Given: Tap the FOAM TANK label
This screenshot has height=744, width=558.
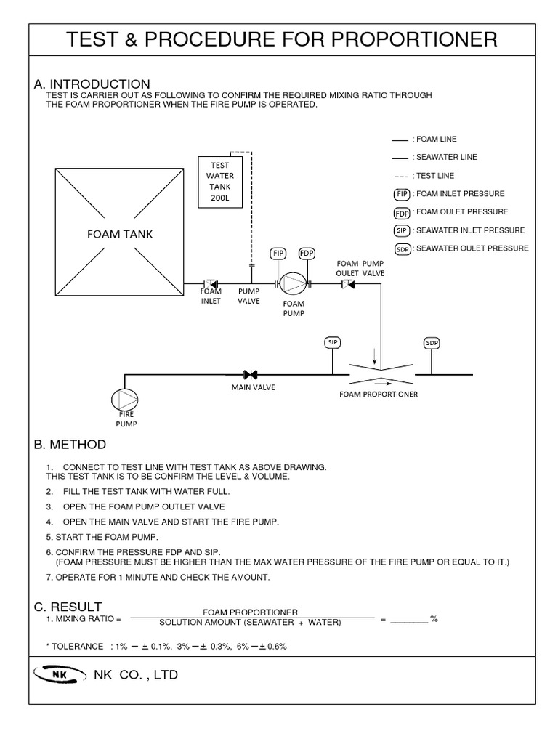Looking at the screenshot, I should click(120, 234).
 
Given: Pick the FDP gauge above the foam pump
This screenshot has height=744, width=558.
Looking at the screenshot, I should click(306, 253).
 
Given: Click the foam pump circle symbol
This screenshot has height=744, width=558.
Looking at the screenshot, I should click(293, 283).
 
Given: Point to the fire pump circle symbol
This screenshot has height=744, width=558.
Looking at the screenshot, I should click(124, 399).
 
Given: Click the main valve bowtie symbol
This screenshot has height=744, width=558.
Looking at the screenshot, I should click(251, 375).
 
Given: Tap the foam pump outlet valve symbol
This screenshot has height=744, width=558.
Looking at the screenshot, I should click(348, 283).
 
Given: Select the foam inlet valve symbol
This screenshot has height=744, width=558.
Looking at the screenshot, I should click(211, 283).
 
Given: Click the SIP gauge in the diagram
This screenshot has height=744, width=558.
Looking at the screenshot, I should click(333, 342).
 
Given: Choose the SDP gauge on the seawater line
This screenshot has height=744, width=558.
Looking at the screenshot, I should click(432, 343).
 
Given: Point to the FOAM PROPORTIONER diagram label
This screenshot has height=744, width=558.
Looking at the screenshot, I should click(379, 395).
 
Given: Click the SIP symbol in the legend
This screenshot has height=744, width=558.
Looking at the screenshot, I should click(401, 231).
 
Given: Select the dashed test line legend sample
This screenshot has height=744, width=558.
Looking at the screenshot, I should click(400, 177).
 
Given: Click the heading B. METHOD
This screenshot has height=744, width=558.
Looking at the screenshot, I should click(70, 444).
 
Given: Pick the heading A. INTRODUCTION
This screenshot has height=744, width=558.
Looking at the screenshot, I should click(92, 84).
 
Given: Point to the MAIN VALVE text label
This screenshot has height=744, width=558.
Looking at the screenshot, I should click(254, 387).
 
